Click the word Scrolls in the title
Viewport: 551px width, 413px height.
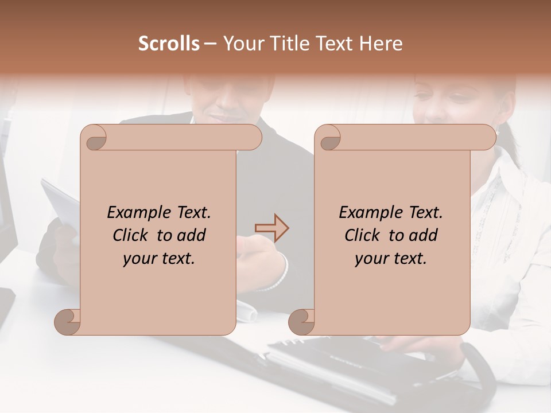(169, 44)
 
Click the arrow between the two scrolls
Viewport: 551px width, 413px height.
(271, 228)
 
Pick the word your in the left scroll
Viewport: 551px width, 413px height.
(138, 259)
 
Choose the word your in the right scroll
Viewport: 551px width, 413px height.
(370, 259)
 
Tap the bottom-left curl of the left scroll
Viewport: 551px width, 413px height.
(68, 322)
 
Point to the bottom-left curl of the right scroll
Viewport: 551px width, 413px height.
(302, 322)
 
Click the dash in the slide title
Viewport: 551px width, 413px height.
(210, 44)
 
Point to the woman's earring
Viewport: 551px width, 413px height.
(497, 132)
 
